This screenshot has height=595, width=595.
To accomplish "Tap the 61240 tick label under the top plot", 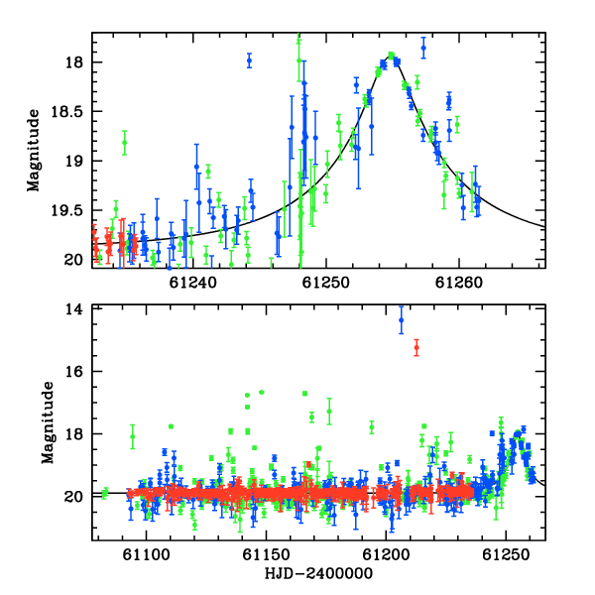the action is coord(192,283).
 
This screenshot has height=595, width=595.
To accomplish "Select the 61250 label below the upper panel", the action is coord(325,283).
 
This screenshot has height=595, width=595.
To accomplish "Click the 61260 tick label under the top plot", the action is coord(459,283).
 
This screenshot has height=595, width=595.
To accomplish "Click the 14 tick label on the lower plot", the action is coord(74,309).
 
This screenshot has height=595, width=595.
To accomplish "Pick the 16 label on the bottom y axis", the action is coord(74,372).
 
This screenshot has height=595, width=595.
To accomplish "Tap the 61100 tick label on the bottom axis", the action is coord(146,555).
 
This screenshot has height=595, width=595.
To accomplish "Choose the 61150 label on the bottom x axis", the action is coord(266,555).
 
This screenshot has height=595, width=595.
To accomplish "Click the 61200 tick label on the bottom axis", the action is coord(386,555).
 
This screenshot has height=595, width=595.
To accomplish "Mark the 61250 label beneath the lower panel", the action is coord(506,555).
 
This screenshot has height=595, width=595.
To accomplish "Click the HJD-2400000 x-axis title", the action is coord(318,573).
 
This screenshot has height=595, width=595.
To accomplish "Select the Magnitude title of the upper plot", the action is coord(34,151).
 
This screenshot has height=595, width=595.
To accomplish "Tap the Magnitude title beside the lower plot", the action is coord(48,422).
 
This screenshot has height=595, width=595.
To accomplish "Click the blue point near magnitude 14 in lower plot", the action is coord(401,320).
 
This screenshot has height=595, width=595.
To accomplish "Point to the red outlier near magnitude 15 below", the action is coord(416,348).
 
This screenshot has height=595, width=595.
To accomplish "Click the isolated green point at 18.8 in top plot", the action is coord(125,143).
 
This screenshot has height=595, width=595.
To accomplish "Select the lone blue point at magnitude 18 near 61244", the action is coord(249,60).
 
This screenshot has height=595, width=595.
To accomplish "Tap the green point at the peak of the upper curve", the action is coord(392,55).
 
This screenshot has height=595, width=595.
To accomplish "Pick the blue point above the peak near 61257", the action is coord(423,48).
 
